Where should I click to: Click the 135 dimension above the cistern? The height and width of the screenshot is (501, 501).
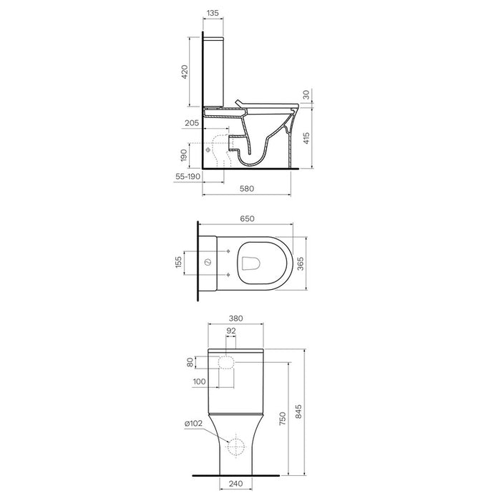pyautogui.click(x=213, y=13)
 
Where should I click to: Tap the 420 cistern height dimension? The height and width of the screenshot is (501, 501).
pyautogui.click(x=185, y=72)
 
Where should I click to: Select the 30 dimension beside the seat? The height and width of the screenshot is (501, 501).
pyautogui.click(x=306, y=94)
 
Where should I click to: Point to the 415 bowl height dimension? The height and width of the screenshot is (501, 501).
pyautogui.click(x=306, y=138)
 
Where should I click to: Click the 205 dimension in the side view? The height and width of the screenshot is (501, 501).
pyautogui.click(x=192, y=123)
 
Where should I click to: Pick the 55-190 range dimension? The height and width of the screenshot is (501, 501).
pyautogui.click(x=188, y=176)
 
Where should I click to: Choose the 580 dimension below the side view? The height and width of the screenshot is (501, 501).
pyautogui.click(x=247, y=188)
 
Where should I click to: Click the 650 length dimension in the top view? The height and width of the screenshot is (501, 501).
pyautogui.click(x=247, y=219)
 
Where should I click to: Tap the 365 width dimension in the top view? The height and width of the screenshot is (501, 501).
pyautogui.click(x=301, y=263)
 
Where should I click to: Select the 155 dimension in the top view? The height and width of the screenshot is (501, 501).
pyautogui.click(x=179, y=262)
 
